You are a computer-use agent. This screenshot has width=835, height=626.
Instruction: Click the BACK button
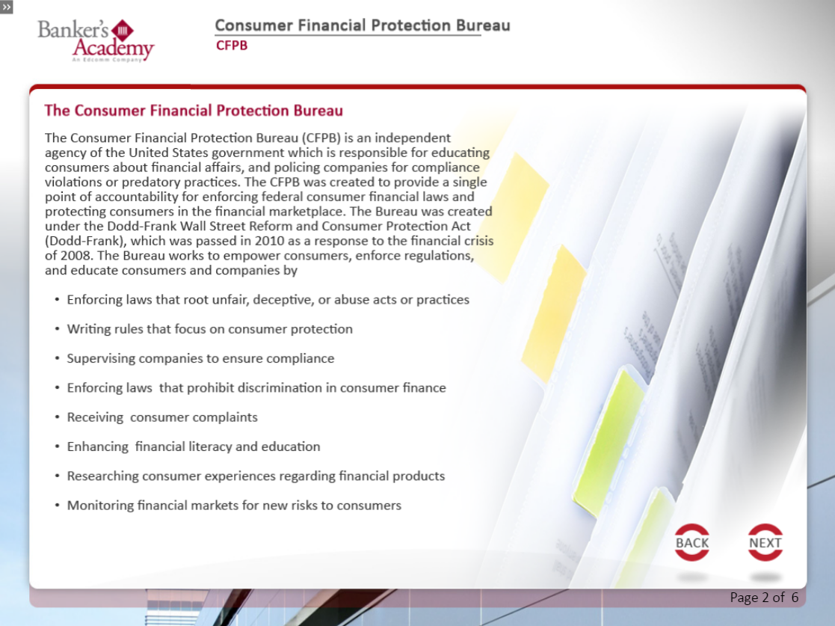point(691,542)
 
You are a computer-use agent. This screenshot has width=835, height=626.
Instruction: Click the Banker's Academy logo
point(96,40)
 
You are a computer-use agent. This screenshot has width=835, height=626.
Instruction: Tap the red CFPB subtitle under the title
point(232,46)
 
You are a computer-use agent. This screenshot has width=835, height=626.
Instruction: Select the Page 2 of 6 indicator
point(764,598)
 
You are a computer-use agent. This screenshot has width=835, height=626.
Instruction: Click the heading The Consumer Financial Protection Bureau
point(194,110)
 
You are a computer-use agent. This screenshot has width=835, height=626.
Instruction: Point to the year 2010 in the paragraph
point(269,241)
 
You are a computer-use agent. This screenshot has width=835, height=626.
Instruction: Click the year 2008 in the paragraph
point(75,256)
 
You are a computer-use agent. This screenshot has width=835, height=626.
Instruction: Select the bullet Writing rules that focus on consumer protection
point(210,329)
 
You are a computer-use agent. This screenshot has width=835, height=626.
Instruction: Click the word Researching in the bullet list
point(102,476)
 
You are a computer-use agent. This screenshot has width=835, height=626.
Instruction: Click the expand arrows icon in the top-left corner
point(7,7)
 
